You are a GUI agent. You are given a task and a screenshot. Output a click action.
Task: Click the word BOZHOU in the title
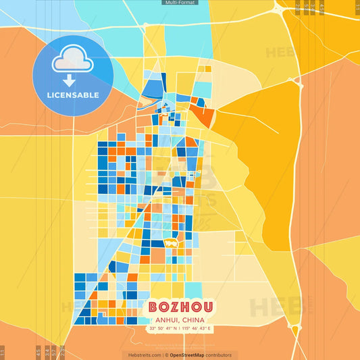tap(180, 307)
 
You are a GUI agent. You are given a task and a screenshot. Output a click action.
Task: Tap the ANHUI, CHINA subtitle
tap(180, 320)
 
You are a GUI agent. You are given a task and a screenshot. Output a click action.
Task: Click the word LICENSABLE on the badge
tap(72, 95)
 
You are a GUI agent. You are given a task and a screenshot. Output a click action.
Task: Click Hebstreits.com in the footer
tap(144, 355)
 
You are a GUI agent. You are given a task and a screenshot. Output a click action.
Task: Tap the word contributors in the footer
tap(220, 355)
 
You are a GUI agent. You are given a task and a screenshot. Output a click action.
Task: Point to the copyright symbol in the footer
tap(165, 355)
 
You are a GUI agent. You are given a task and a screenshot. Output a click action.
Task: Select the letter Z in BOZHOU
tap(174, 307)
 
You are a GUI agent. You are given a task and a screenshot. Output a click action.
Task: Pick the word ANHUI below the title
tap(165, 320)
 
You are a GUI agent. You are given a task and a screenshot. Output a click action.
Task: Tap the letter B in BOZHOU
tap(153, 307)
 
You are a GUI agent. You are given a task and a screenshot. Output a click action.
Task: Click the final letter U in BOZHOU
tap(207, 307)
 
